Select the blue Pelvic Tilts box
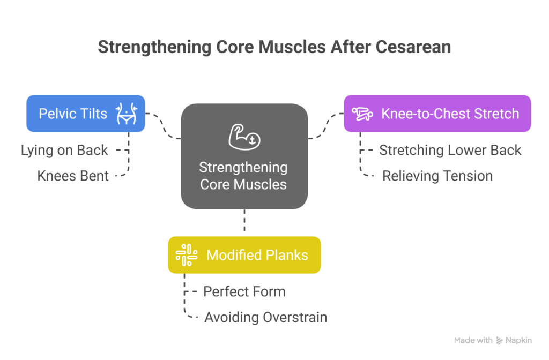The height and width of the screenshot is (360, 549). [86, 114]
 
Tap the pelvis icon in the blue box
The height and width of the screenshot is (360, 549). [127, 114]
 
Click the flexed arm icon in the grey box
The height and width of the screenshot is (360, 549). [244, 137]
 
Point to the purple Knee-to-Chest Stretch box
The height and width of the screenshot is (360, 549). [437, 114]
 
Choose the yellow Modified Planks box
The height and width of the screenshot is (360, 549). [244, 255]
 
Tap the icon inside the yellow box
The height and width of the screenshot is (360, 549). [187, 255]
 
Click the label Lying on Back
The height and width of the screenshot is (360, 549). [64, 151]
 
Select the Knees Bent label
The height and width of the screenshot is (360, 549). [73, 176]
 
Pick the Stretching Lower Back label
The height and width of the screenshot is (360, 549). [450, 151]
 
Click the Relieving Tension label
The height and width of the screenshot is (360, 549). [437, 176]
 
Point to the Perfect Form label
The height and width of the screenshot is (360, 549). [244, 291]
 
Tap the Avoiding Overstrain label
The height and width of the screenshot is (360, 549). [266, 317]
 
